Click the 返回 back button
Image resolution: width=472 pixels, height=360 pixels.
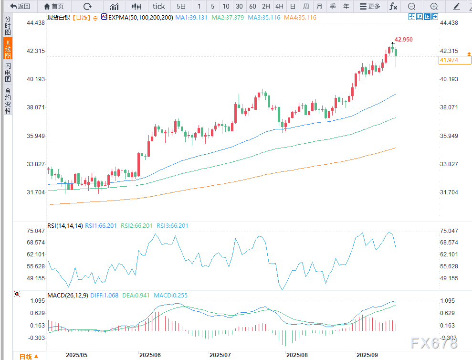click(x=20, y=6)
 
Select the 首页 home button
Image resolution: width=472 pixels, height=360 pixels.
click(x=54, y=6)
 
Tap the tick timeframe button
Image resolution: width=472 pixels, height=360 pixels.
click(x=158, y=6)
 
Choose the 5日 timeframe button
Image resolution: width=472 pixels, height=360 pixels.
click(x=181, y=6)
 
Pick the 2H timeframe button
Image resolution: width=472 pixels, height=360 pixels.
click(x=266, y=6)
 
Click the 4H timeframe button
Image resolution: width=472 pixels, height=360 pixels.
click(x=279, y=6)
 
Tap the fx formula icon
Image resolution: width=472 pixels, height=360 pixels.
click(x=393, y=6)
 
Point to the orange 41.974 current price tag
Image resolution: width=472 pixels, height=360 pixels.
click(x=449, y=60)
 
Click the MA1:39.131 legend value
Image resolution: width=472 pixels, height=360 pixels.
click(x=191, y=17)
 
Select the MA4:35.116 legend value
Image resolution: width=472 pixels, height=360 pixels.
click(x=300, y=17)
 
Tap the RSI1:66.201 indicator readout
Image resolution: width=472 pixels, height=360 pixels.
click(x=103, y=225)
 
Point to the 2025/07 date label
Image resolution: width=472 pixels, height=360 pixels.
click(x=220, y=355)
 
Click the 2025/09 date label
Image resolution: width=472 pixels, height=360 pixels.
click(x=367, y=355)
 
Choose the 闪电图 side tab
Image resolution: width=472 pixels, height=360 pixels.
click(x=8, y=72)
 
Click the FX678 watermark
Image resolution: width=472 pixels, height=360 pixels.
click(x=433, y=343)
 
